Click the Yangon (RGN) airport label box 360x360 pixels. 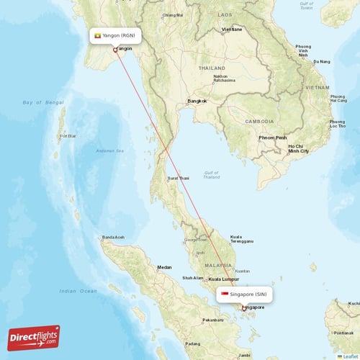coord(114,35)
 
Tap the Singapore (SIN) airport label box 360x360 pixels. coord(245,294)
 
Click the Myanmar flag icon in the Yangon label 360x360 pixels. coord(97,35)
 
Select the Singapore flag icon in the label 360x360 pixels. coord(225,294)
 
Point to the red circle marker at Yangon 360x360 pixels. coord(115,50)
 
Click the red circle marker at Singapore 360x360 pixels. coord(243,309)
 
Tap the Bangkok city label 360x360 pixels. coord(197,101)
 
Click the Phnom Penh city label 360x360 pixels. coord(273,138)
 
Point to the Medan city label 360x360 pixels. coord(164,268)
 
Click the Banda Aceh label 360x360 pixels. coord(114,238)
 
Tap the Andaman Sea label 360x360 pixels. coord(110,150)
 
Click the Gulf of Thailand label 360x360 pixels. coord(211,175)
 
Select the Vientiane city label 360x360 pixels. coord(232,29)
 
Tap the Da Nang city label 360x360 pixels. coord(321,62)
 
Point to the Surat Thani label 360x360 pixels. coord(178,178)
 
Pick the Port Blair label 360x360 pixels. coord(68,135)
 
